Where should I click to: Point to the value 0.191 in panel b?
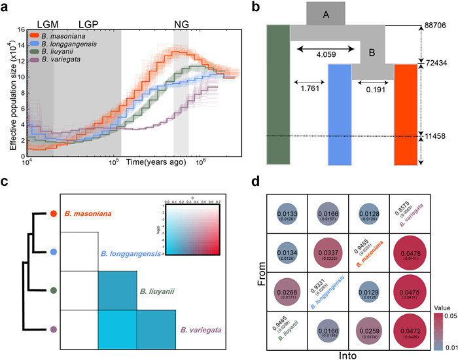[373, 90]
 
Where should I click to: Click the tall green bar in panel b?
[278, 95]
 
